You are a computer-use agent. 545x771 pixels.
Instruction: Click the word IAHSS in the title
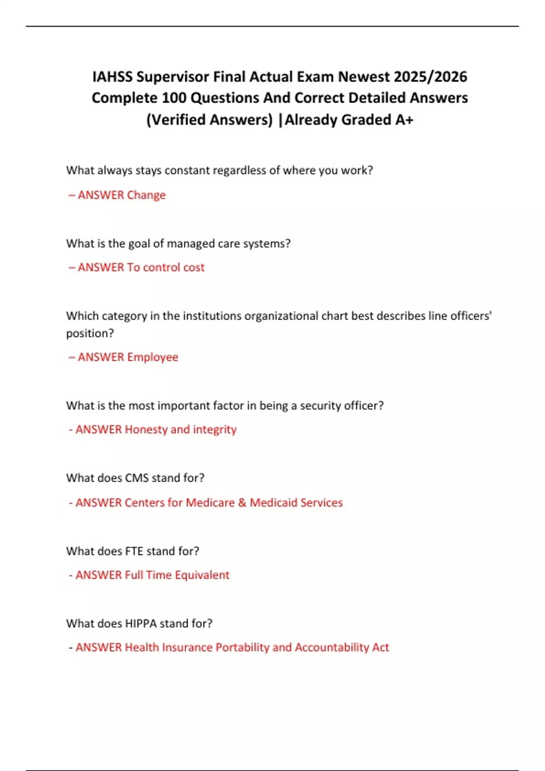click(x=112, y=77)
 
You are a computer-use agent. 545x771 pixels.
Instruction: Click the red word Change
click(x=146, y=195)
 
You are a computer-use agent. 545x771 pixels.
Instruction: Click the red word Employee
click(x=153, y=357)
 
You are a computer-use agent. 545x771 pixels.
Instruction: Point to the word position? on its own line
click(x=90, y=333)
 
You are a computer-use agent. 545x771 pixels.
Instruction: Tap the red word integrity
click(x=214, y=429)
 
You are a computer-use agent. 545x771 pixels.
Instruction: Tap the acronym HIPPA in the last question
click(x=140, y=624)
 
